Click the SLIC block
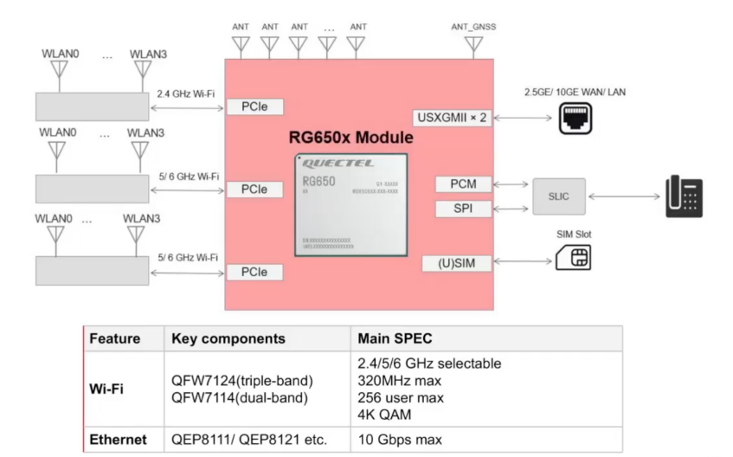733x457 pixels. click(x=559, y=196)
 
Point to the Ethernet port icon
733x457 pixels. click(x=576, y=118)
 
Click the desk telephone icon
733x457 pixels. click(x=684, y=196)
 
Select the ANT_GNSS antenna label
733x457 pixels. click(x=473, y=27)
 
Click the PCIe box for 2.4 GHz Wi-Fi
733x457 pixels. click(x=254, y=107)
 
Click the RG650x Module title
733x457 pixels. click(x=350, y=138)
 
